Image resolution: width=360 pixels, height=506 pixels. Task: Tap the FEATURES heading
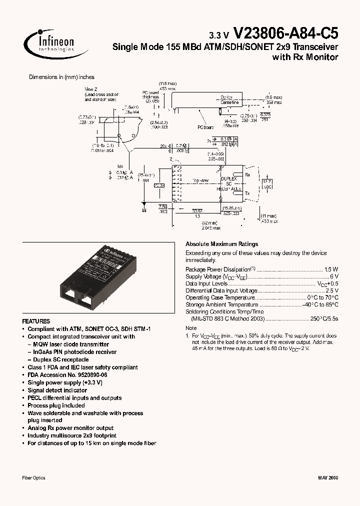coord(36,321)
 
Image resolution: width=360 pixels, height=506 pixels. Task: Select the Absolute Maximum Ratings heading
coord(221,244)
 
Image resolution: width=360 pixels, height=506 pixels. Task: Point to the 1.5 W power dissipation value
coord(331,269)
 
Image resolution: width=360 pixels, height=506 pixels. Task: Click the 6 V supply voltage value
coord(334,276)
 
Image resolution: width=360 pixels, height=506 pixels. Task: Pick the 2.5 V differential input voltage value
coord(331,290)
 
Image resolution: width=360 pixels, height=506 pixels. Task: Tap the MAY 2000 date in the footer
coord(327,478)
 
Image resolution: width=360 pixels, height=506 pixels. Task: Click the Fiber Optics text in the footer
coord(34,478)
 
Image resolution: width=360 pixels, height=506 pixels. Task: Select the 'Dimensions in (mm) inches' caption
coord(61,77)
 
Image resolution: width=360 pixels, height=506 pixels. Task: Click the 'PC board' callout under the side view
coord(205,127)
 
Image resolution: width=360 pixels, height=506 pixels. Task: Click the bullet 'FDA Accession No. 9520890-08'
coord(67,374)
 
